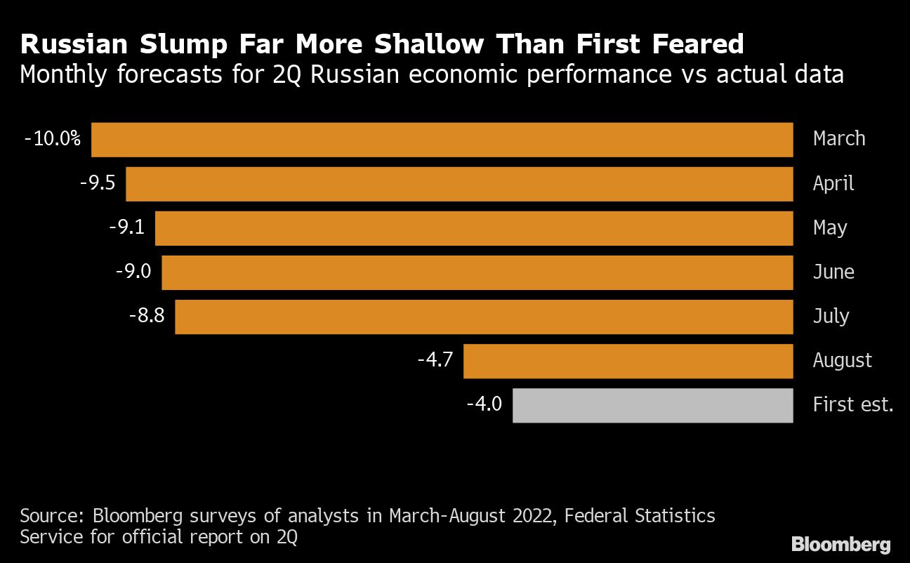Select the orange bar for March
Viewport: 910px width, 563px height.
[442, 140]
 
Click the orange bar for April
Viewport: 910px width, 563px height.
[459, 184]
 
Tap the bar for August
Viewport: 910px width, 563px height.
[628, 361]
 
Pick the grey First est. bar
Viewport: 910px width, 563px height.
[652, 405]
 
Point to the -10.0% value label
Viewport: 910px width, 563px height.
[53, 139]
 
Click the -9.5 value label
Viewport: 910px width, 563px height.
[98, 183]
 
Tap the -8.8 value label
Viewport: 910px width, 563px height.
[147, 316]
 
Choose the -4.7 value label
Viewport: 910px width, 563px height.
[435, 360]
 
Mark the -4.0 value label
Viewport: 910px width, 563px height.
[484, 404]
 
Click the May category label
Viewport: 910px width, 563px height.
[830, 227]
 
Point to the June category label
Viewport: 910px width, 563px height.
[833, 272]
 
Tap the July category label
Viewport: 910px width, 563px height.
[831, 316]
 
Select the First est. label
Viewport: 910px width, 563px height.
[852, 404]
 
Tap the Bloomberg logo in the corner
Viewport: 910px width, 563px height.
[841, 544]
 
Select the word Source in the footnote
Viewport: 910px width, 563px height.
[51, 517]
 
